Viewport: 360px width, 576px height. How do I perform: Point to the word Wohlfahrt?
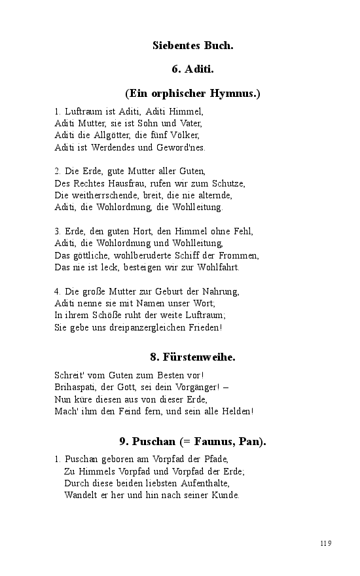pos(219,267)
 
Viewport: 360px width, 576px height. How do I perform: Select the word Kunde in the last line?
pos(225,495)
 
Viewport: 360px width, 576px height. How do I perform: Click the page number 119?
pos(326,543)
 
